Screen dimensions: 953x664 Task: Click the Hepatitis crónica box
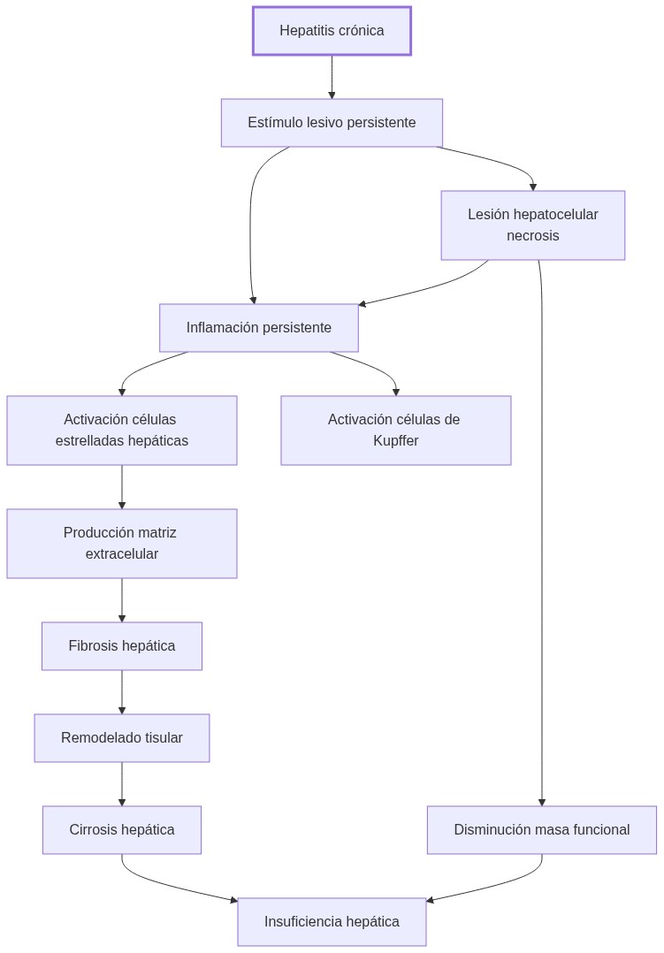coord(332,31)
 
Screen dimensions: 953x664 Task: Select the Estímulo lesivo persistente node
coord(332,123)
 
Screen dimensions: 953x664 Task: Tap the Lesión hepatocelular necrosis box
coord(532,225)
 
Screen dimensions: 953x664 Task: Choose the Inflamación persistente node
coord(258,328)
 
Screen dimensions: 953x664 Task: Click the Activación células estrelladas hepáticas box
coord(122,431)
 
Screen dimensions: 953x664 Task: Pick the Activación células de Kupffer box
coord(395,431)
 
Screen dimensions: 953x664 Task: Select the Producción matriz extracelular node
coord(122,544)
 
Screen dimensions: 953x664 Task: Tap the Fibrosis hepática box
coord(122,646)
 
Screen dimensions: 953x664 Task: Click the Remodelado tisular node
coord(122,738)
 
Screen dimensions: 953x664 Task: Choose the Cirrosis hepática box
coord(122,830)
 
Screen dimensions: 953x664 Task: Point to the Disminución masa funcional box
coord(541,830)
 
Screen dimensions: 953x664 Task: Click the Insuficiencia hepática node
coord(332,922)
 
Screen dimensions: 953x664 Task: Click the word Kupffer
coord(395,441)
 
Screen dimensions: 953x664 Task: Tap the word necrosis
coord(532,236)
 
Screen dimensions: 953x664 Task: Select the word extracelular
coord(122,554)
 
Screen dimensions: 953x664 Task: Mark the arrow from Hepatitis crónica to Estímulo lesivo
coord(332,77)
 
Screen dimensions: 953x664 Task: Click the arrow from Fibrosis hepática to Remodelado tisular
coord(122,692)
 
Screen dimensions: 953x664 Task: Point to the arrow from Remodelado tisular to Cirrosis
coord(122,784)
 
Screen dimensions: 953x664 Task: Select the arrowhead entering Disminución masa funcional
coord(541,801)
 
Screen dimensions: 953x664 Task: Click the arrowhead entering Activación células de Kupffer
coord(395,391)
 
